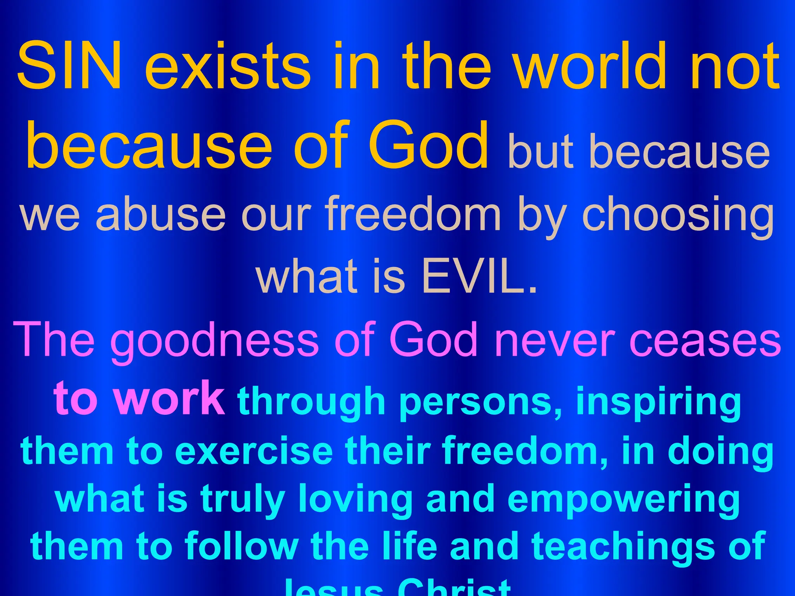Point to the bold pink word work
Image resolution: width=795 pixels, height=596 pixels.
(x=171, y=398)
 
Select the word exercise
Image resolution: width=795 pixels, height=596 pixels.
(x=254, y=451)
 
